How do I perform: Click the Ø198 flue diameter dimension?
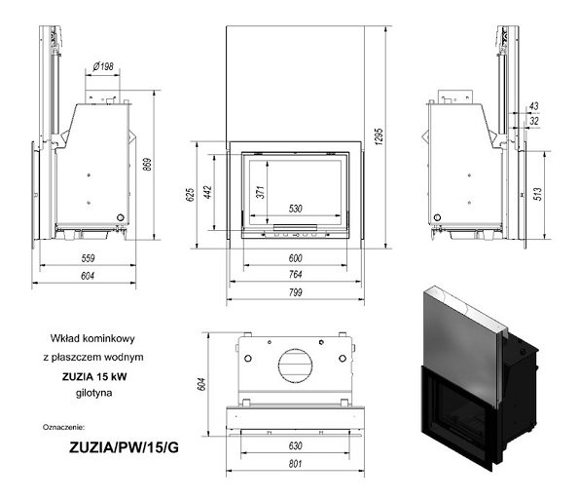click(103, 66)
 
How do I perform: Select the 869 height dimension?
click(147, 165)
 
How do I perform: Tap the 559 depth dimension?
click(88, 258)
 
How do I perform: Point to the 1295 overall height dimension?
click(379, 136)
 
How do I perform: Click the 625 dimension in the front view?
click(190, 195)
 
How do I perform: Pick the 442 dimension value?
click(207, 192)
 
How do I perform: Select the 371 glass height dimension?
click(261, 192)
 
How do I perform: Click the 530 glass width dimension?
click(296, 209)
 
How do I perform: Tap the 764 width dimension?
click(296, 275)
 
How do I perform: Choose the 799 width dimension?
click(296, 292)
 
